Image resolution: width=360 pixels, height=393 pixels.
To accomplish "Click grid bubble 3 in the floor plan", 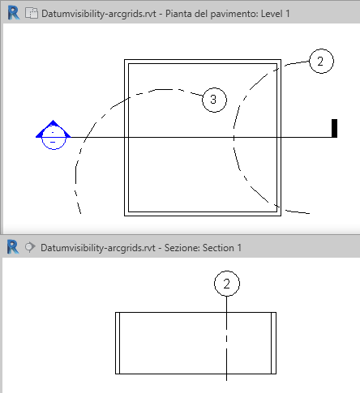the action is [x=214, y=100].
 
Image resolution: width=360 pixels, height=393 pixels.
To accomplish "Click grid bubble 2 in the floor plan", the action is [x=321, y=61].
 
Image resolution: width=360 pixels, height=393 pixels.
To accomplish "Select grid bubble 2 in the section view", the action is [x=227, y=284].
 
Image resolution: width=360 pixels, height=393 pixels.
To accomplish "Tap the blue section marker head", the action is [x=54, y=135].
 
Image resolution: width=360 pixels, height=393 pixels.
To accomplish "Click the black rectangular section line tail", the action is [x=334, y=128].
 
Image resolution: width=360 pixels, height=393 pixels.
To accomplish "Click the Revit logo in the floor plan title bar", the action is [x=14, y=13].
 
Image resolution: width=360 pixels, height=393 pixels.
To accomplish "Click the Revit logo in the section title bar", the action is [x=13, y=247].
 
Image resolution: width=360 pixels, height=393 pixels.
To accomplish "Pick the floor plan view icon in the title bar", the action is [x=32, y=13].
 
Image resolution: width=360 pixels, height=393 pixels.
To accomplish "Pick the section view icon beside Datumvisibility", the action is [x=30, y=247].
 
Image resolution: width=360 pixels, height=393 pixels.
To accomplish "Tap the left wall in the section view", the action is [x=118, y=343].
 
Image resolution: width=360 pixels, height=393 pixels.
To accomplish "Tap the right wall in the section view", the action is [x=273, y=343].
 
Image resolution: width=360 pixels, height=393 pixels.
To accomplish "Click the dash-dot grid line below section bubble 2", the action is [x=226, y=339].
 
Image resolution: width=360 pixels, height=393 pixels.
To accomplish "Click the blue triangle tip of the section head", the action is [x=53, y=120].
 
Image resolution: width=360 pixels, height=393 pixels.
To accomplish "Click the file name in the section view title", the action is [x=98, y=248].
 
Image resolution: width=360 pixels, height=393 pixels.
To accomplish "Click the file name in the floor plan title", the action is [x=99, y=14].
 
